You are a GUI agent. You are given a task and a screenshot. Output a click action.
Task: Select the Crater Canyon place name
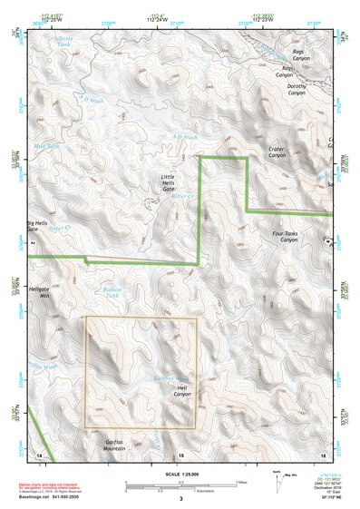277,152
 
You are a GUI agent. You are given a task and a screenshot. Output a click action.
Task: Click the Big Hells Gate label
38,226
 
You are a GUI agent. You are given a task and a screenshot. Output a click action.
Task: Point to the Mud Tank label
46,144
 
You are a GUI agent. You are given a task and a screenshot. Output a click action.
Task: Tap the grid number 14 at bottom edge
38,454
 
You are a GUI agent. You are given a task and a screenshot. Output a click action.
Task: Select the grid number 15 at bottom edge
180,454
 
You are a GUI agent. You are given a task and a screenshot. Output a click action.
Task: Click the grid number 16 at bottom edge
323,454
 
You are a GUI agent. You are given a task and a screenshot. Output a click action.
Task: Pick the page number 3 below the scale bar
180,498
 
